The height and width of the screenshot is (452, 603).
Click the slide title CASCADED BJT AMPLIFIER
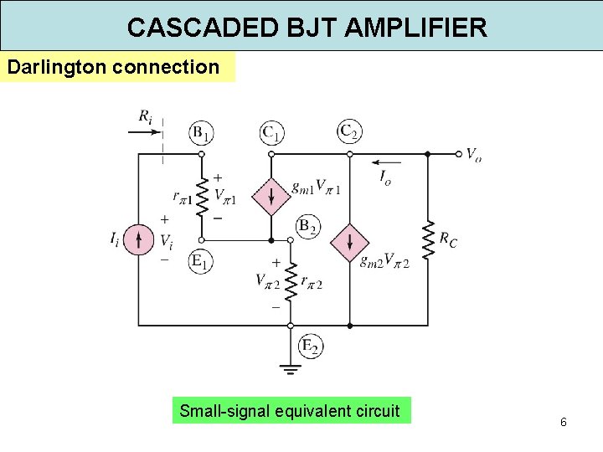click(x=307, y=28)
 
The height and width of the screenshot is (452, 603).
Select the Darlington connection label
click(x=113, y=67)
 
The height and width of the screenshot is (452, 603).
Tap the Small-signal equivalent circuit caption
click(x=290, y=411)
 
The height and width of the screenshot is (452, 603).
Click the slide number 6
click(x=564, y=422)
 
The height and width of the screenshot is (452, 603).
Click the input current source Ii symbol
click(x=139, y=239)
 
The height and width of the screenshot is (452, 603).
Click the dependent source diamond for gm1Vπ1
click(x=271, y=196)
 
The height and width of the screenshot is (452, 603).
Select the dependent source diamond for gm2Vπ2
click(x=349, y=244)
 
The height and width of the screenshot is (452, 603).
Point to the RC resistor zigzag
click(x=427, y=240)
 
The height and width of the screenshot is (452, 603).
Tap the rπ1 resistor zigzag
click(x=201, y=197)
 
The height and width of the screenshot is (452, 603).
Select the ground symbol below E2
click(x=291, y=366)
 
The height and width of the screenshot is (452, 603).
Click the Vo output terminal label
click(x=473, y=155)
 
